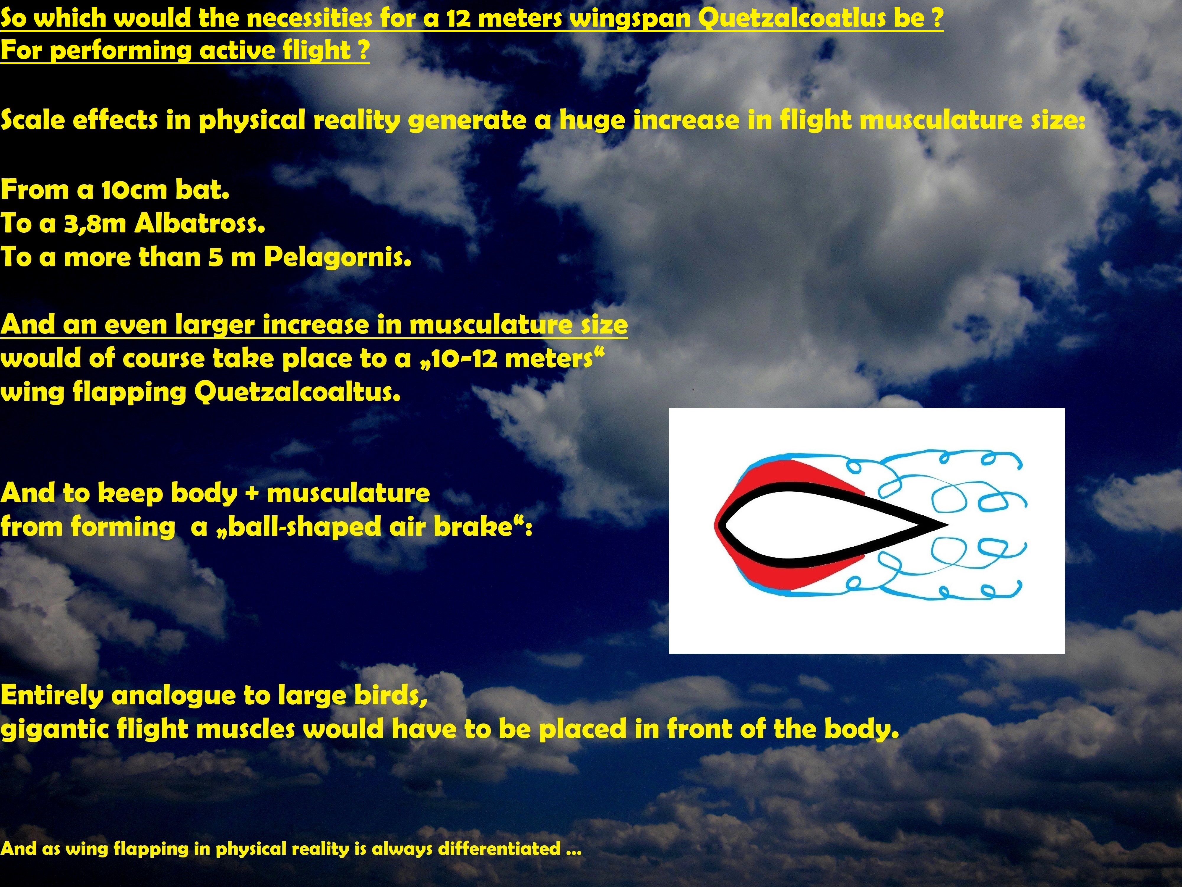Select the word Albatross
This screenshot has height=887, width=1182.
199,224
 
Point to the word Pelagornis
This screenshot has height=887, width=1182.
338,258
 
